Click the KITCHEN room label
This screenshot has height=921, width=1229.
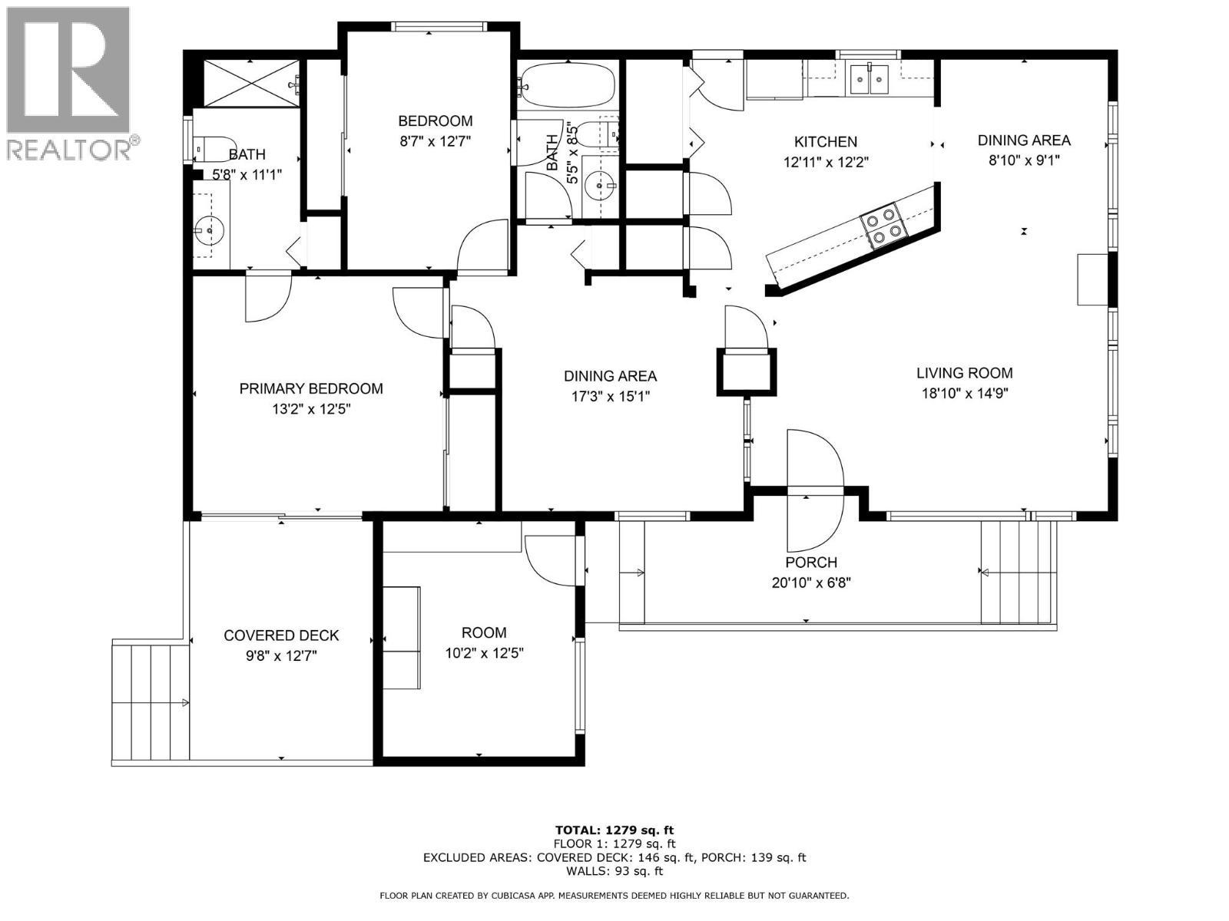click(825, 142)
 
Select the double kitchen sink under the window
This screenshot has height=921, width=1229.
click(869, 78)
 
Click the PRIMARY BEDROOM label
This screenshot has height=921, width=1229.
click(311, 389)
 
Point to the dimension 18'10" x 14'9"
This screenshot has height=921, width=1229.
click(964, 394)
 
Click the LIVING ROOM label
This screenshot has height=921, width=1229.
click(964, 373)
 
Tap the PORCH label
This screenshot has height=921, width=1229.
click(811, 563)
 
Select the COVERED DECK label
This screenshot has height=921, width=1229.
click(281, 635)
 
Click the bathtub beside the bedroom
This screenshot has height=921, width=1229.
click(568, 84)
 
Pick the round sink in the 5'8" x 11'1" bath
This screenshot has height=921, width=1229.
click(208, 228)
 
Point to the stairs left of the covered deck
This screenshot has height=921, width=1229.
click(151, 702)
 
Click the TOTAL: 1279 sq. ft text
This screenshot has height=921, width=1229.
click(614, 830)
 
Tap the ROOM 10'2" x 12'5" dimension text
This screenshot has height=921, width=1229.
click(484, 653)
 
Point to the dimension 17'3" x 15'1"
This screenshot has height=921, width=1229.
click(610, 397)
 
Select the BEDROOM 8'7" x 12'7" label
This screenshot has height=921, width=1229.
click(435, 121)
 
